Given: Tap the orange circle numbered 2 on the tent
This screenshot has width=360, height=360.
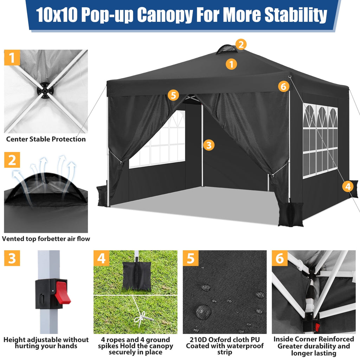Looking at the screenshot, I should (241, 45).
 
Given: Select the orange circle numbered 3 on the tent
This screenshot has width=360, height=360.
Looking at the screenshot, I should (209, 145).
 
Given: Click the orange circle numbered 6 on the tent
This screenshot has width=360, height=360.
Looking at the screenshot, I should (284, 86).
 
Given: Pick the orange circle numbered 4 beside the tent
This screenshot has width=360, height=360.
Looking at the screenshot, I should (348, 186).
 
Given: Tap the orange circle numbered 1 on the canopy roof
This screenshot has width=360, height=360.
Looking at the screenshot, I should (231, 64).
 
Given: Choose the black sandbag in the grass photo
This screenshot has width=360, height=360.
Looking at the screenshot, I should (137, 276).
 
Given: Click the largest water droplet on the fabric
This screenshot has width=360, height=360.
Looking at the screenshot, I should (203, 311).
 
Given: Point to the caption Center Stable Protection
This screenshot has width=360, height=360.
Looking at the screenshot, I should (46, 139).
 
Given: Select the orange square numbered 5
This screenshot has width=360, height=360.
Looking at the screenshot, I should (191, 258).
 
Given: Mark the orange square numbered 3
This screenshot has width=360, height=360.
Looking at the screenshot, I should (12, 258).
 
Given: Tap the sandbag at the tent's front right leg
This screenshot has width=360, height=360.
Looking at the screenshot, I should (290, 214).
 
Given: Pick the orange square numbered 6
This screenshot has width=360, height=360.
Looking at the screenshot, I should (280, 258).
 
